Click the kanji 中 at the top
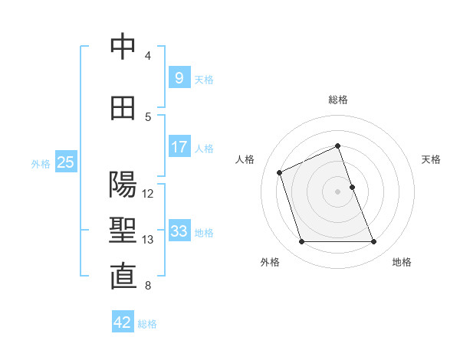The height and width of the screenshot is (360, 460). tap(123, 47)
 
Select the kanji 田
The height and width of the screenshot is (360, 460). tap(123, 108)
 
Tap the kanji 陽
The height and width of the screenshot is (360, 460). tap(123, 185)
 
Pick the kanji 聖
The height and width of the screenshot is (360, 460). tap(123, 231)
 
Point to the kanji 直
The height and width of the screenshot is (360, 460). tap(123, 277)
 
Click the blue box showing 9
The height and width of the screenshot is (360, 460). tap(179, 77)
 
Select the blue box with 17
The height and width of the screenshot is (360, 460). tap(179, 146)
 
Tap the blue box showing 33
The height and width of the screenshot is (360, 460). tap(179, 231)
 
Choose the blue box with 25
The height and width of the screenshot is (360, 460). tap(65, 162)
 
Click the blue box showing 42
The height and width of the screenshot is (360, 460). tap(123, 322)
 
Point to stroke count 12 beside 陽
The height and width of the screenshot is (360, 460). tap(149, 194)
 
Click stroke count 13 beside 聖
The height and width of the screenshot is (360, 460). tap(149, 240)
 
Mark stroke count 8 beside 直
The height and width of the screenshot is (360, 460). tap(148, 286)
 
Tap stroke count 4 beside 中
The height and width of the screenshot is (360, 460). tap(148, 56)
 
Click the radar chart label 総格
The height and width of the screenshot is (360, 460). tap(338, 100)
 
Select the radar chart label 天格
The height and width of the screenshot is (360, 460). tap(431, 159)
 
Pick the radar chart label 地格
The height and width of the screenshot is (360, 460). tap(402, 263)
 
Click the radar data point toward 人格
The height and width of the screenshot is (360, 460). tap(280, 172)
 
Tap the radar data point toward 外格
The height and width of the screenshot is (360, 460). tap(301, 242)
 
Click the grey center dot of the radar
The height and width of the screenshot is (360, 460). tap(338, 191)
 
